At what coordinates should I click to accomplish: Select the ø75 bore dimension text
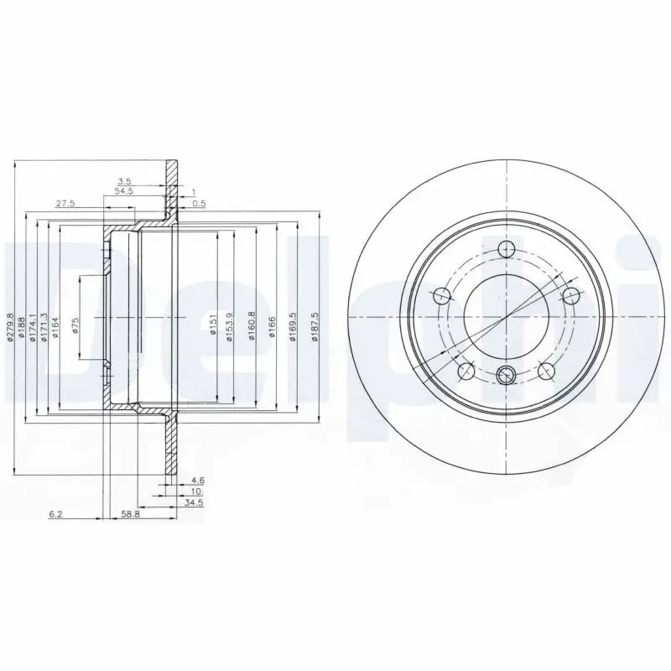[x=76, y=326]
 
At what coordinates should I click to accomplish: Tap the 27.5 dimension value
[x=65, y=204]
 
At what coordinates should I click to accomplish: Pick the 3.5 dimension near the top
[x=124, y=181]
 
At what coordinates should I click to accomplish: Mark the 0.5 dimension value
[x=200, y=204]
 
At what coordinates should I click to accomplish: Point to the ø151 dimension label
[x=213, y=322]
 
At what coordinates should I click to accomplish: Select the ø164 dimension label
[x=55, y=326]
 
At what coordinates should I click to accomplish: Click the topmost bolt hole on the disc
[x=507, y=249]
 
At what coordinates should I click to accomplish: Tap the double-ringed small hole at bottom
[x=507, y=375]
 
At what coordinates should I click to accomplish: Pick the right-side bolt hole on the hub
[x=571, y=296]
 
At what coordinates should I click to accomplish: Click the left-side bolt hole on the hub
[x=441, y=296]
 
